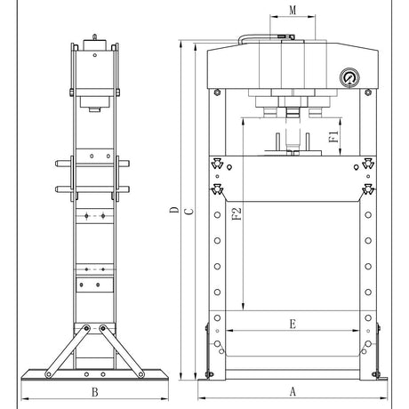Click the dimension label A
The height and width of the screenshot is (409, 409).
point(293,390)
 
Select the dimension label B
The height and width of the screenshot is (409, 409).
point(94,390)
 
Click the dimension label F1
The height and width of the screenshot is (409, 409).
point(332,138)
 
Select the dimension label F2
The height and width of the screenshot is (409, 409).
point(236,214)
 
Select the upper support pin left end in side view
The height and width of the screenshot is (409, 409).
point(58,162)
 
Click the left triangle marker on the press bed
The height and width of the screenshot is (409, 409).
point(215,164)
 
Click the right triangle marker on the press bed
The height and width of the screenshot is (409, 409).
point(366,164)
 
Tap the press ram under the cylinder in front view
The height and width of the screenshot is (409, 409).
point(291,141)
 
